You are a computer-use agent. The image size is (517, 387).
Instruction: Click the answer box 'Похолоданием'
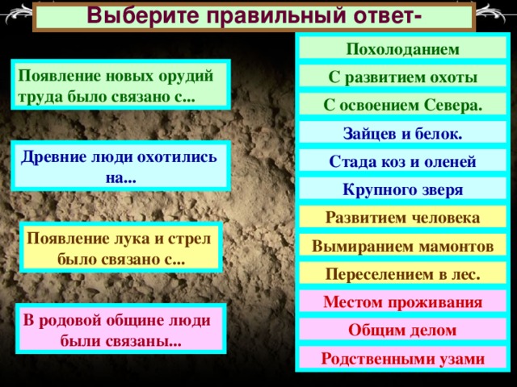pos(402,48)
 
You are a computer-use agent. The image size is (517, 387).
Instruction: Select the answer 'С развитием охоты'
pos(402,77)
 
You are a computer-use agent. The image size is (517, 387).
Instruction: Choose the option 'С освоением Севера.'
pos(402,105)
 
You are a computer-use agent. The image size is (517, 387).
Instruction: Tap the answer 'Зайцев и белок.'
pos(402,133)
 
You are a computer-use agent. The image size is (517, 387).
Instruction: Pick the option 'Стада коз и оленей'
pos(402,161)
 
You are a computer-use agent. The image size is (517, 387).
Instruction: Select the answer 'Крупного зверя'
pos(402,189)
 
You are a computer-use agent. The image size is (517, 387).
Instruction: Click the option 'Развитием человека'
pos(402,218)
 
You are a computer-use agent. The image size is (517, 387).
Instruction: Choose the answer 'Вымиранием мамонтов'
pos(402,246)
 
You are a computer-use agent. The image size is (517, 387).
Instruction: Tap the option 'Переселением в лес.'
pos(402,274)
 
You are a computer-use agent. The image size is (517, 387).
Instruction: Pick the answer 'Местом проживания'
pos(402,302)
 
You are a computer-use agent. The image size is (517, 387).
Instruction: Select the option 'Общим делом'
pos(402,330)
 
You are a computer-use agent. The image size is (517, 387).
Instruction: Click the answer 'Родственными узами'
pos(402,358)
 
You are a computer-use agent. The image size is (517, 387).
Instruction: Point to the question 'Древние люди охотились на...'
pos(120,167)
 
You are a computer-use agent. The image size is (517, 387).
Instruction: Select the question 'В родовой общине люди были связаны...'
pos(120,329)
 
